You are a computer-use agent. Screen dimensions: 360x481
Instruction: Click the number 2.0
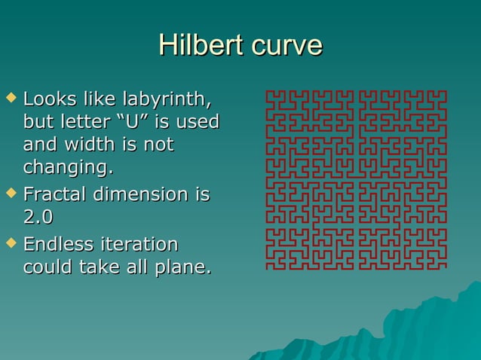tap(38, 216)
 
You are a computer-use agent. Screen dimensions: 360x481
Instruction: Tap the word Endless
tap(59, 245)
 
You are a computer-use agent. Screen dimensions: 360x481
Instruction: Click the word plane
tap(185, 267)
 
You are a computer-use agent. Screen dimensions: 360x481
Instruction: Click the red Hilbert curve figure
tap(356, 179)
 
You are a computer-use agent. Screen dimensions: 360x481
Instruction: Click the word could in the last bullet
tap(47, 267)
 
